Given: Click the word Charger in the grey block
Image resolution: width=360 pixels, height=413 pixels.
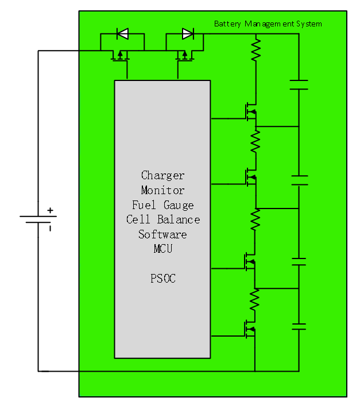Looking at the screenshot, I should tap(162, 175).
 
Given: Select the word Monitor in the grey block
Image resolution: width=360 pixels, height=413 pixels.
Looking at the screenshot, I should tap(162, 190).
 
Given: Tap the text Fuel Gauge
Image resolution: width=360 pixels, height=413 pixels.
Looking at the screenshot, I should tap(162, 205).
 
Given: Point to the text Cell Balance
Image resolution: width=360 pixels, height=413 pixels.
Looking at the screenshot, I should tap(163, 219).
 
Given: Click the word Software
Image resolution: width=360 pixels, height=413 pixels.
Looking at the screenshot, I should tap(162, 234).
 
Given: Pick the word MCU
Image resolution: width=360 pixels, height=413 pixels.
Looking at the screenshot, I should tap(162, 249).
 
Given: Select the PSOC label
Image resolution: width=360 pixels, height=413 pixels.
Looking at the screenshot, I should tap(162, 279).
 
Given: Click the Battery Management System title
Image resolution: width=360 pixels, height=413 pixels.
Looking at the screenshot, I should tap(268, 24).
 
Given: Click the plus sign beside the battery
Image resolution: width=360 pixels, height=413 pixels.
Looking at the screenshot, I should tap(50, 210).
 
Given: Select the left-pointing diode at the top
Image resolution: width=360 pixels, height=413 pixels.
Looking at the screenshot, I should tap(122, 34).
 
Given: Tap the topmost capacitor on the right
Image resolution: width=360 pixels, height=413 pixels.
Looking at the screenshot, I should tap(299, 85).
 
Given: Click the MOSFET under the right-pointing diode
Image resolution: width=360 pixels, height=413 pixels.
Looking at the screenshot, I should tap(184, 55).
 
